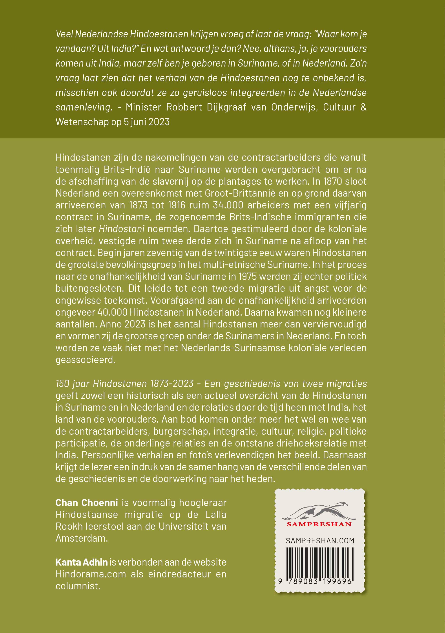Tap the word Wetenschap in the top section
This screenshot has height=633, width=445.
tap(82, 122)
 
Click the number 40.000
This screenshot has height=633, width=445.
tap(112, 312)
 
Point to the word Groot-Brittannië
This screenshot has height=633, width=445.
tap(240, 193)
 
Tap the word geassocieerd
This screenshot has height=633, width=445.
tap(85, 360)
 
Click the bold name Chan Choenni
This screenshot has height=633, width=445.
tap(87, 503)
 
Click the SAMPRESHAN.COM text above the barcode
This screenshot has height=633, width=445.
tap(320, 541)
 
